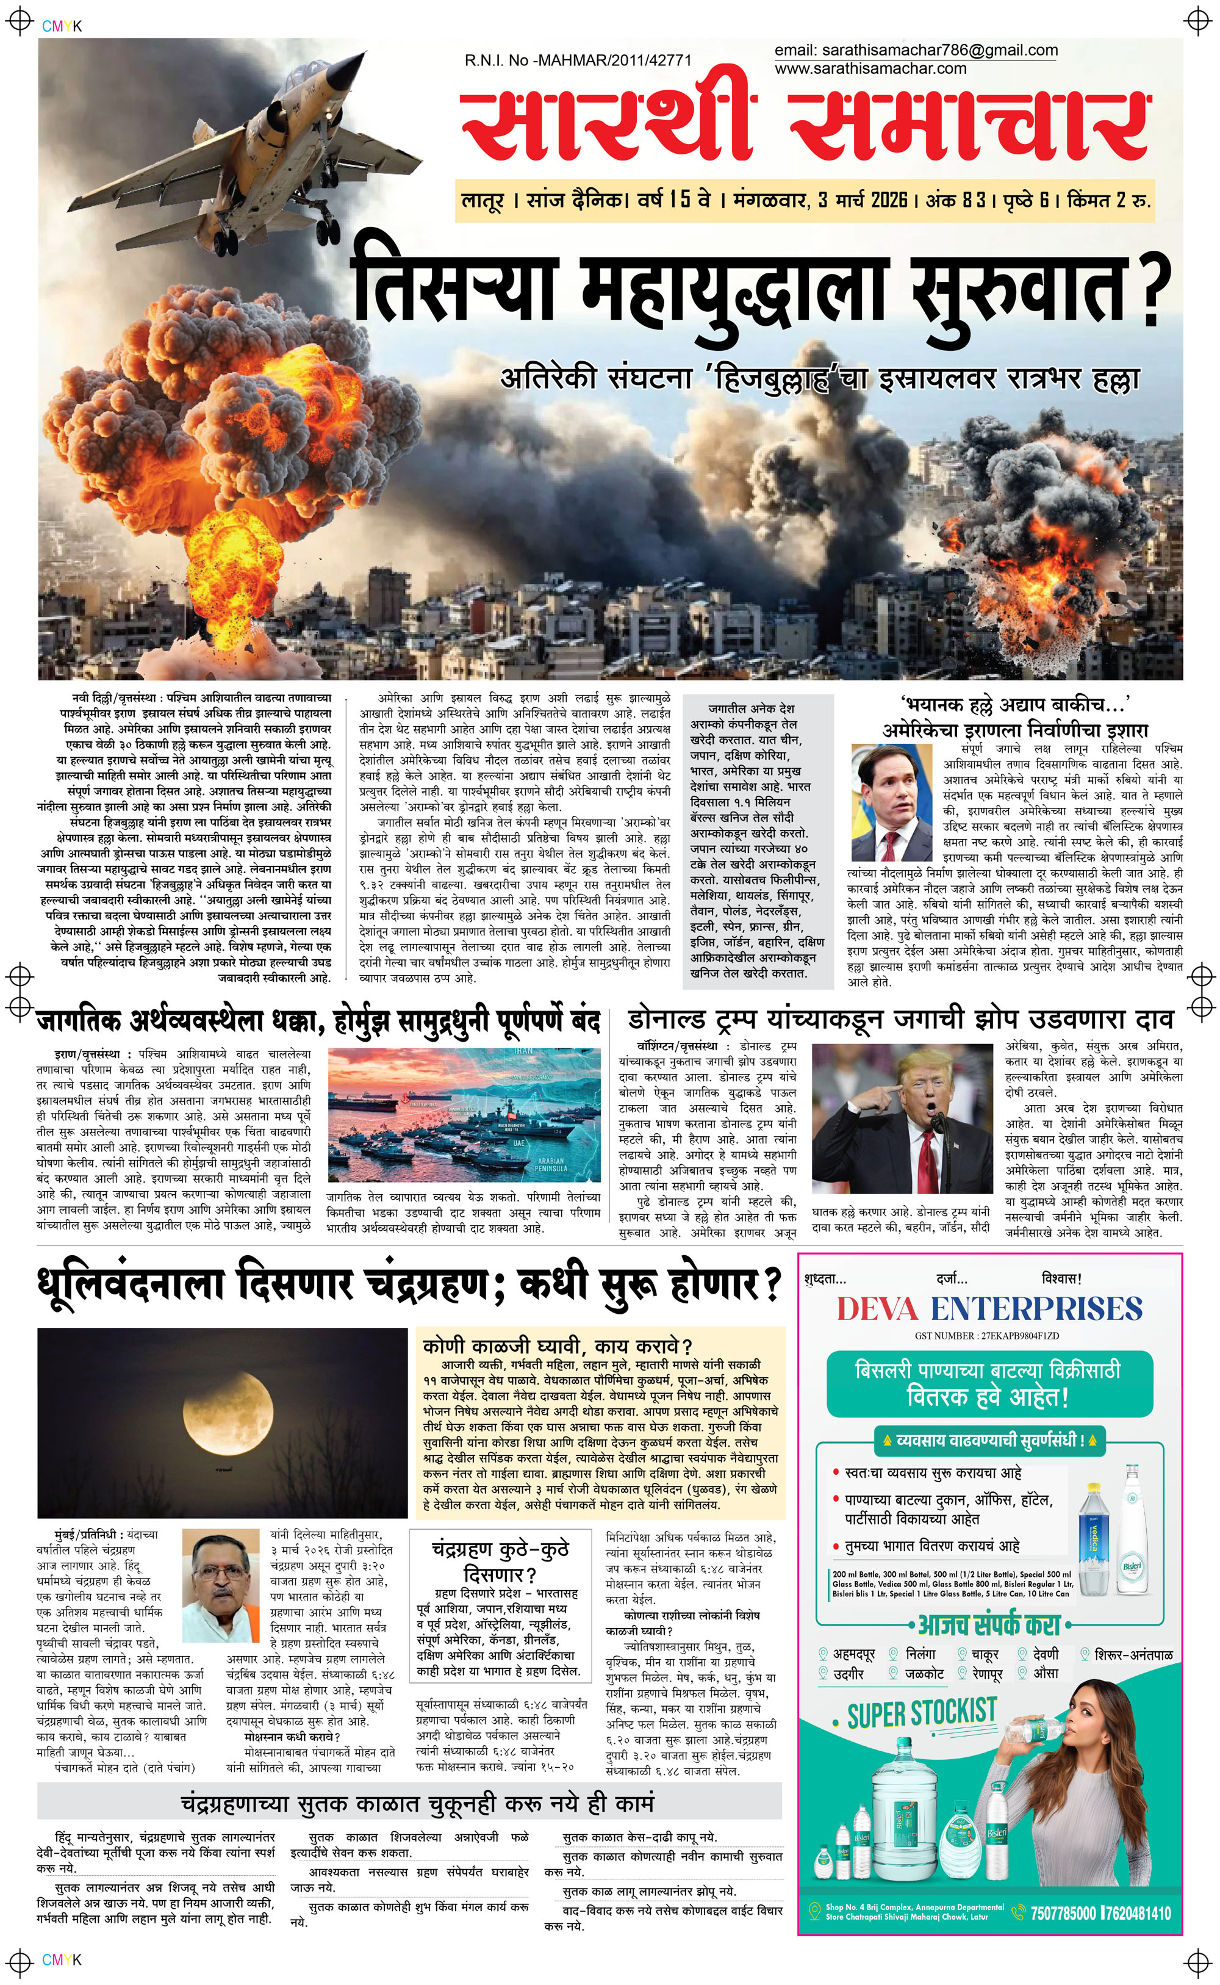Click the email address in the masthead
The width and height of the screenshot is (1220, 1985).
tap(915, 51)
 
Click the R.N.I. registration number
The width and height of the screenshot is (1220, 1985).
tap(578, 60)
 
